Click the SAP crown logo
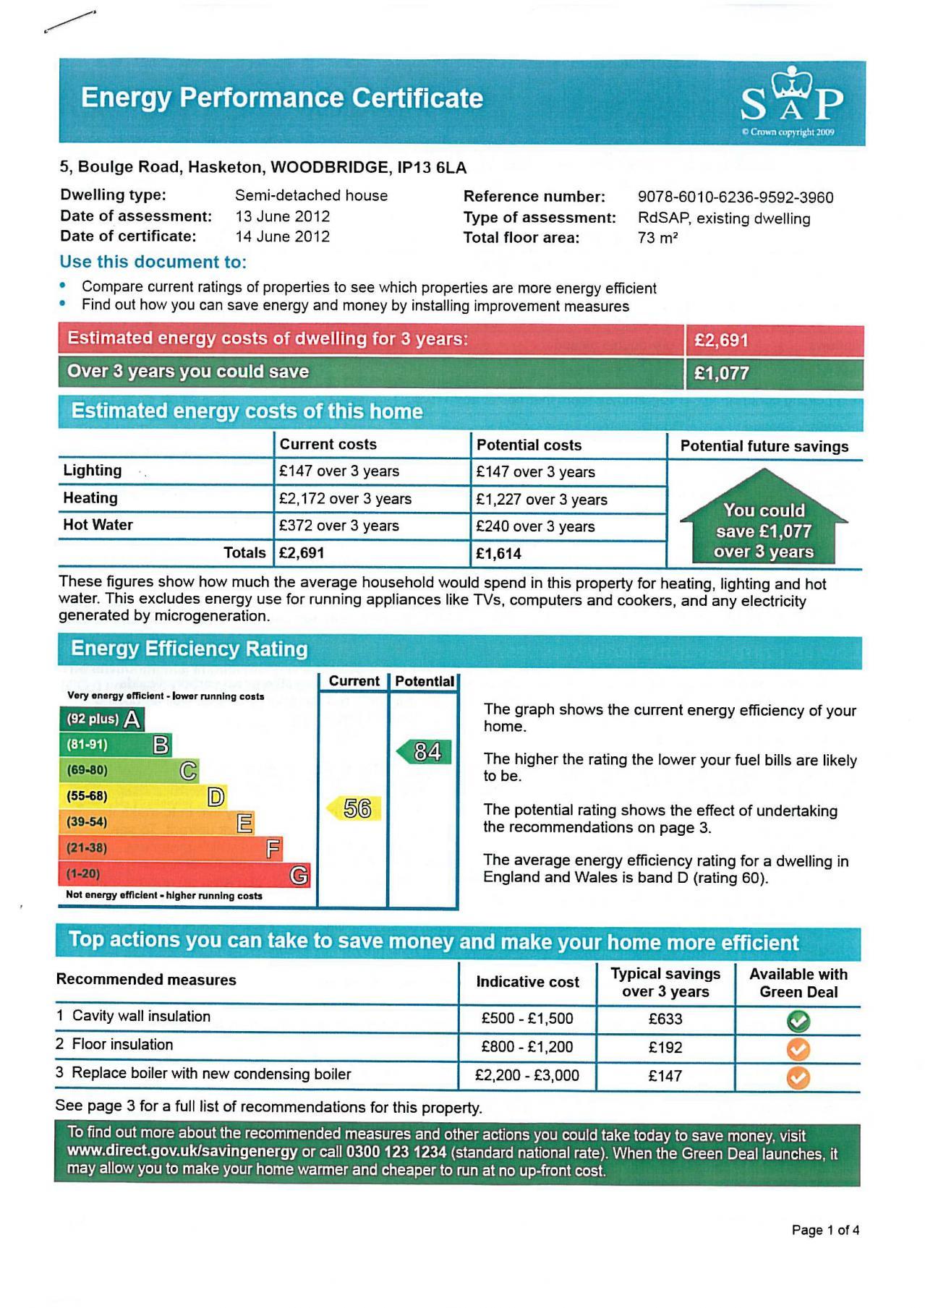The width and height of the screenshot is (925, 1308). (x=792, y=101)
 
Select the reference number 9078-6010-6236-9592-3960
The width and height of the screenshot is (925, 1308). (x=736, y=197)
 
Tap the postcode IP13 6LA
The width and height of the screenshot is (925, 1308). (x=432, y=168)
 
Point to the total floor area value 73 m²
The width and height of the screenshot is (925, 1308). (x=657, y=238)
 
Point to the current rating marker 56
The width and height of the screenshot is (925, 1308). (x=354, y=808)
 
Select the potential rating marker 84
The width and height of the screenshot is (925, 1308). (x=425, y=752)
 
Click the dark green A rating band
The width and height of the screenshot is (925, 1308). (x=101, y=719)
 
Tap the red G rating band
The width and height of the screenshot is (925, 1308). (x=184, y=874)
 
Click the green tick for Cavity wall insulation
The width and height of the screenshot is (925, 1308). (x=798, y=1021)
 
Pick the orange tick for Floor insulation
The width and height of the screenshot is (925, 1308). (x=798, y=1049)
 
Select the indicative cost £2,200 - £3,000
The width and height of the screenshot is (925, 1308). (x=527, y=1076)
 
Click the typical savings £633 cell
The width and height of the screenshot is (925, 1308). (x=665, y=1020)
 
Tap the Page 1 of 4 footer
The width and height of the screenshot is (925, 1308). (x=825, y=1231)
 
